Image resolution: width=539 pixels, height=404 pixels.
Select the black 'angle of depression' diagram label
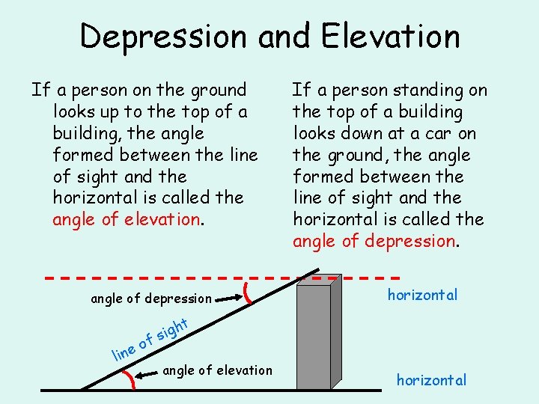[x=150, y=299]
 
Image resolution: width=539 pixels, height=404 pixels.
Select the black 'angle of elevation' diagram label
[x=217, y=370]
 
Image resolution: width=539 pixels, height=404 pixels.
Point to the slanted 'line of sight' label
[x=149, y=338]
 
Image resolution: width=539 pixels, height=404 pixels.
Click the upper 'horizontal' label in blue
[x=422, y=295]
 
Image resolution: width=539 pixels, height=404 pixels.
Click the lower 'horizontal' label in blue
[x=431, y=380]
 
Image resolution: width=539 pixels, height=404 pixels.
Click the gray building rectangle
[x=314, y=337]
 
